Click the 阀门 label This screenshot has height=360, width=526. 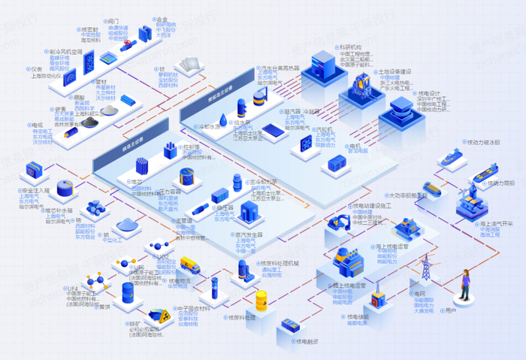114,22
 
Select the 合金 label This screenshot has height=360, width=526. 162,20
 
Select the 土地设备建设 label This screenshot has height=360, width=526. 396,72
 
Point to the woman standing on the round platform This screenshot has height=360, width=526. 466,286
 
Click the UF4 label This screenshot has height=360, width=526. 73,288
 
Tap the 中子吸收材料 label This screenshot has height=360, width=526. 192,307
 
